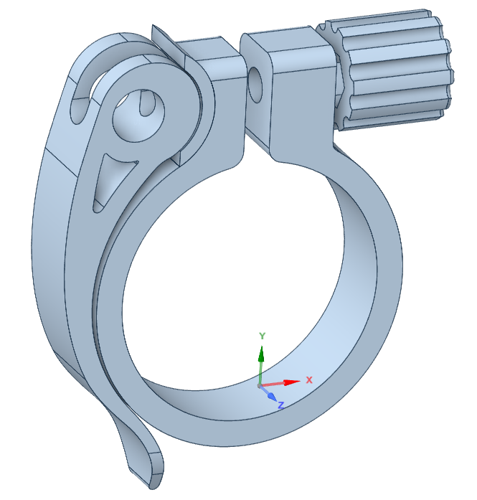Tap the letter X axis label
pos(309,379)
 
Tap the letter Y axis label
pos(262,336)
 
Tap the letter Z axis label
pos(281,405)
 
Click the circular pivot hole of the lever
pos(138,115)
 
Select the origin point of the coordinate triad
pos(260,386)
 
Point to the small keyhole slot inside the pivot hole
pos(146,105)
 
